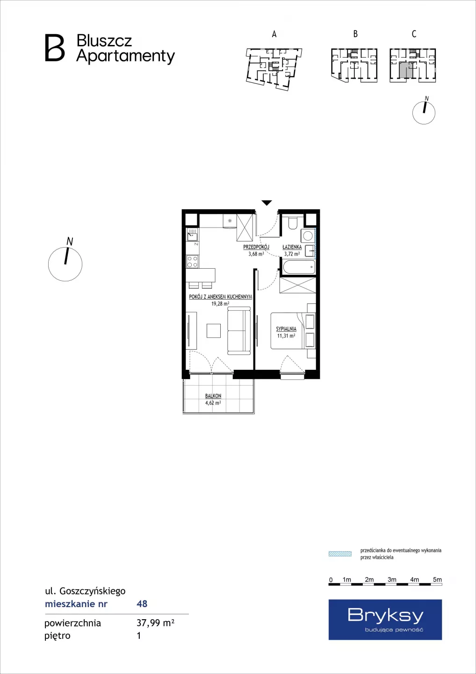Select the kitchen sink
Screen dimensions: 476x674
192,234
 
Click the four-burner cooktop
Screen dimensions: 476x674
192,261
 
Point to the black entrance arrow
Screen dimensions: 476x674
267,203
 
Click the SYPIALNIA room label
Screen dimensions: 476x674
286,329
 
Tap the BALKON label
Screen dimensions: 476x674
213,396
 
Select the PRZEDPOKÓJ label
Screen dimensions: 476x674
256,247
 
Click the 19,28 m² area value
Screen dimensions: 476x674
220,304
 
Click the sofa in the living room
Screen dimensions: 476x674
238,330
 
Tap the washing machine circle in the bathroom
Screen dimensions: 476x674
307,235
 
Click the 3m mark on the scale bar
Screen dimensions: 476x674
392,579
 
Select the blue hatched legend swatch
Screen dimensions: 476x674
340,554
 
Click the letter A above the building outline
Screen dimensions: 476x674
274,34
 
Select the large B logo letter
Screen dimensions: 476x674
55,48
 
